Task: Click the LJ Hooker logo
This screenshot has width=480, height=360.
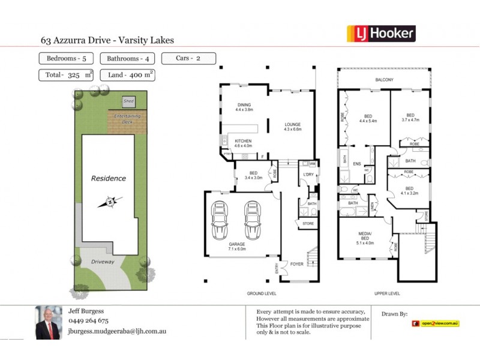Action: pyautogui.click(x=381, y=34)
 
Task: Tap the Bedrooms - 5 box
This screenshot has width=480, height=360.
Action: pyautogui.click(x=65, y=59)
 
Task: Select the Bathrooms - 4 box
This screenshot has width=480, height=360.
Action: pyautogui.click(x=126, y=59)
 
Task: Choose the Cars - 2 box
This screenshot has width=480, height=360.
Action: pyautogui.click(x=188, y=59)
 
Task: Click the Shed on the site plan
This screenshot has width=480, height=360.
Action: pyautogui.click(x=128, y=101)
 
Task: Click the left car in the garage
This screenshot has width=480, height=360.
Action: pyautogui.click(x=220, y=220)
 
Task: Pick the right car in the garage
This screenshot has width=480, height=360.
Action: pyautogui.click(x=253, y=220)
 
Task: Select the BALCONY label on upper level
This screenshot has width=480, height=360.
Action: pyautogui.click(x=384, y=80)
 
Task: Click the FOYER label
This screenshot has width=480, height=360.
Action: pyautogui.click(x=296, y=263)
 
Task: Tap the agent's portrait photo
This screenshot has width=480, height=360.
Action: pyautogui.click(x=48, y=323)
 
